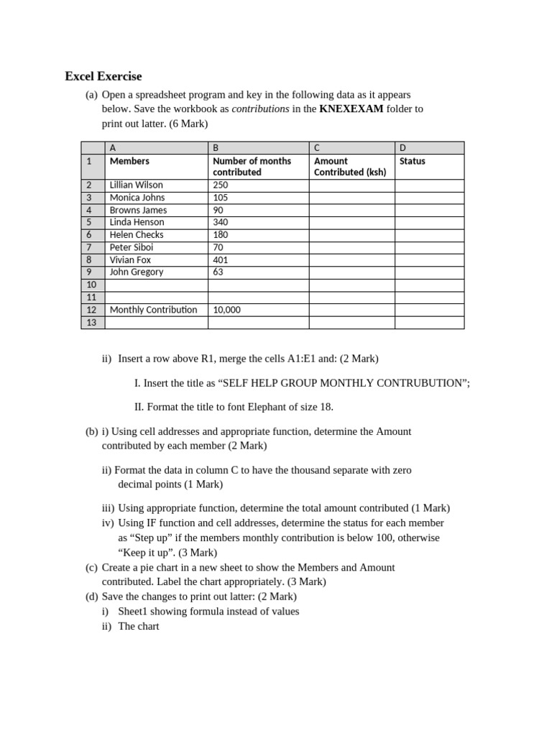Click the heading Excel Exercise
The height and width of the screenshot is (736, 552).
pos(103,75)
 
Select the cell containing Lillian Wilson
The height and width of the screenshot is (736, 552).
pos(137,185)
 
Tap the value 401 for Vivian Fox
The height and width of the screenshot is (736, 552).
pos(221,259)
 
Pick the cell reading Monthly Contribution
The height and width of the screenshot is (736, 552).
pos(153,310)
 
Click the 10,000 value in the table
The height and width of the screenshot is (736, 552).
pos(227,310)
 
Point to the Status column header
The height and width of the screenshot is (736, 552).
pos(413,161)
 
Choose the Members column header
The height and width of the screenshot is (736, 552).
pos(129,161)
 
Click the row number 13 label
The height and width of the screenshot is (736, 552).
pos(91,323)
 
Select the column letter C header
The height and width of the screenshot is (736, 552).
pos(317,147)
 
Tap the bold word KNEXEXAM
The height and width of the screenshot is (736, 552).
pos(351,109)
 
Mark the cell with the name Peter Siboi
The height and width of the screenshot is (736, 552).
pos(132,247)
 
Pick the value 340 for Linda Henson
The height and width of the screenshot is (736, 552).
pos(221,222)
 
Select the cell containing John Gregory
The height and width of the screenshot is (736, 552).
pos(137,272)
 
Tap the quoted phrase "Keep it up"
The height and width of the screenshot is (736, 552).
pos(146,553)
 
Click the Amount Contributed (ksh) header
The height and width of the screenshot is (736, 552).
pos(350,167)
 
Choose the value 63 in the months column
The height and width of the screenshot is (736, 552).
pos(218,272)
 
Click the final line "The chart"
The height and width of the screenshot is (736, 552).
pos(139,626)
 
